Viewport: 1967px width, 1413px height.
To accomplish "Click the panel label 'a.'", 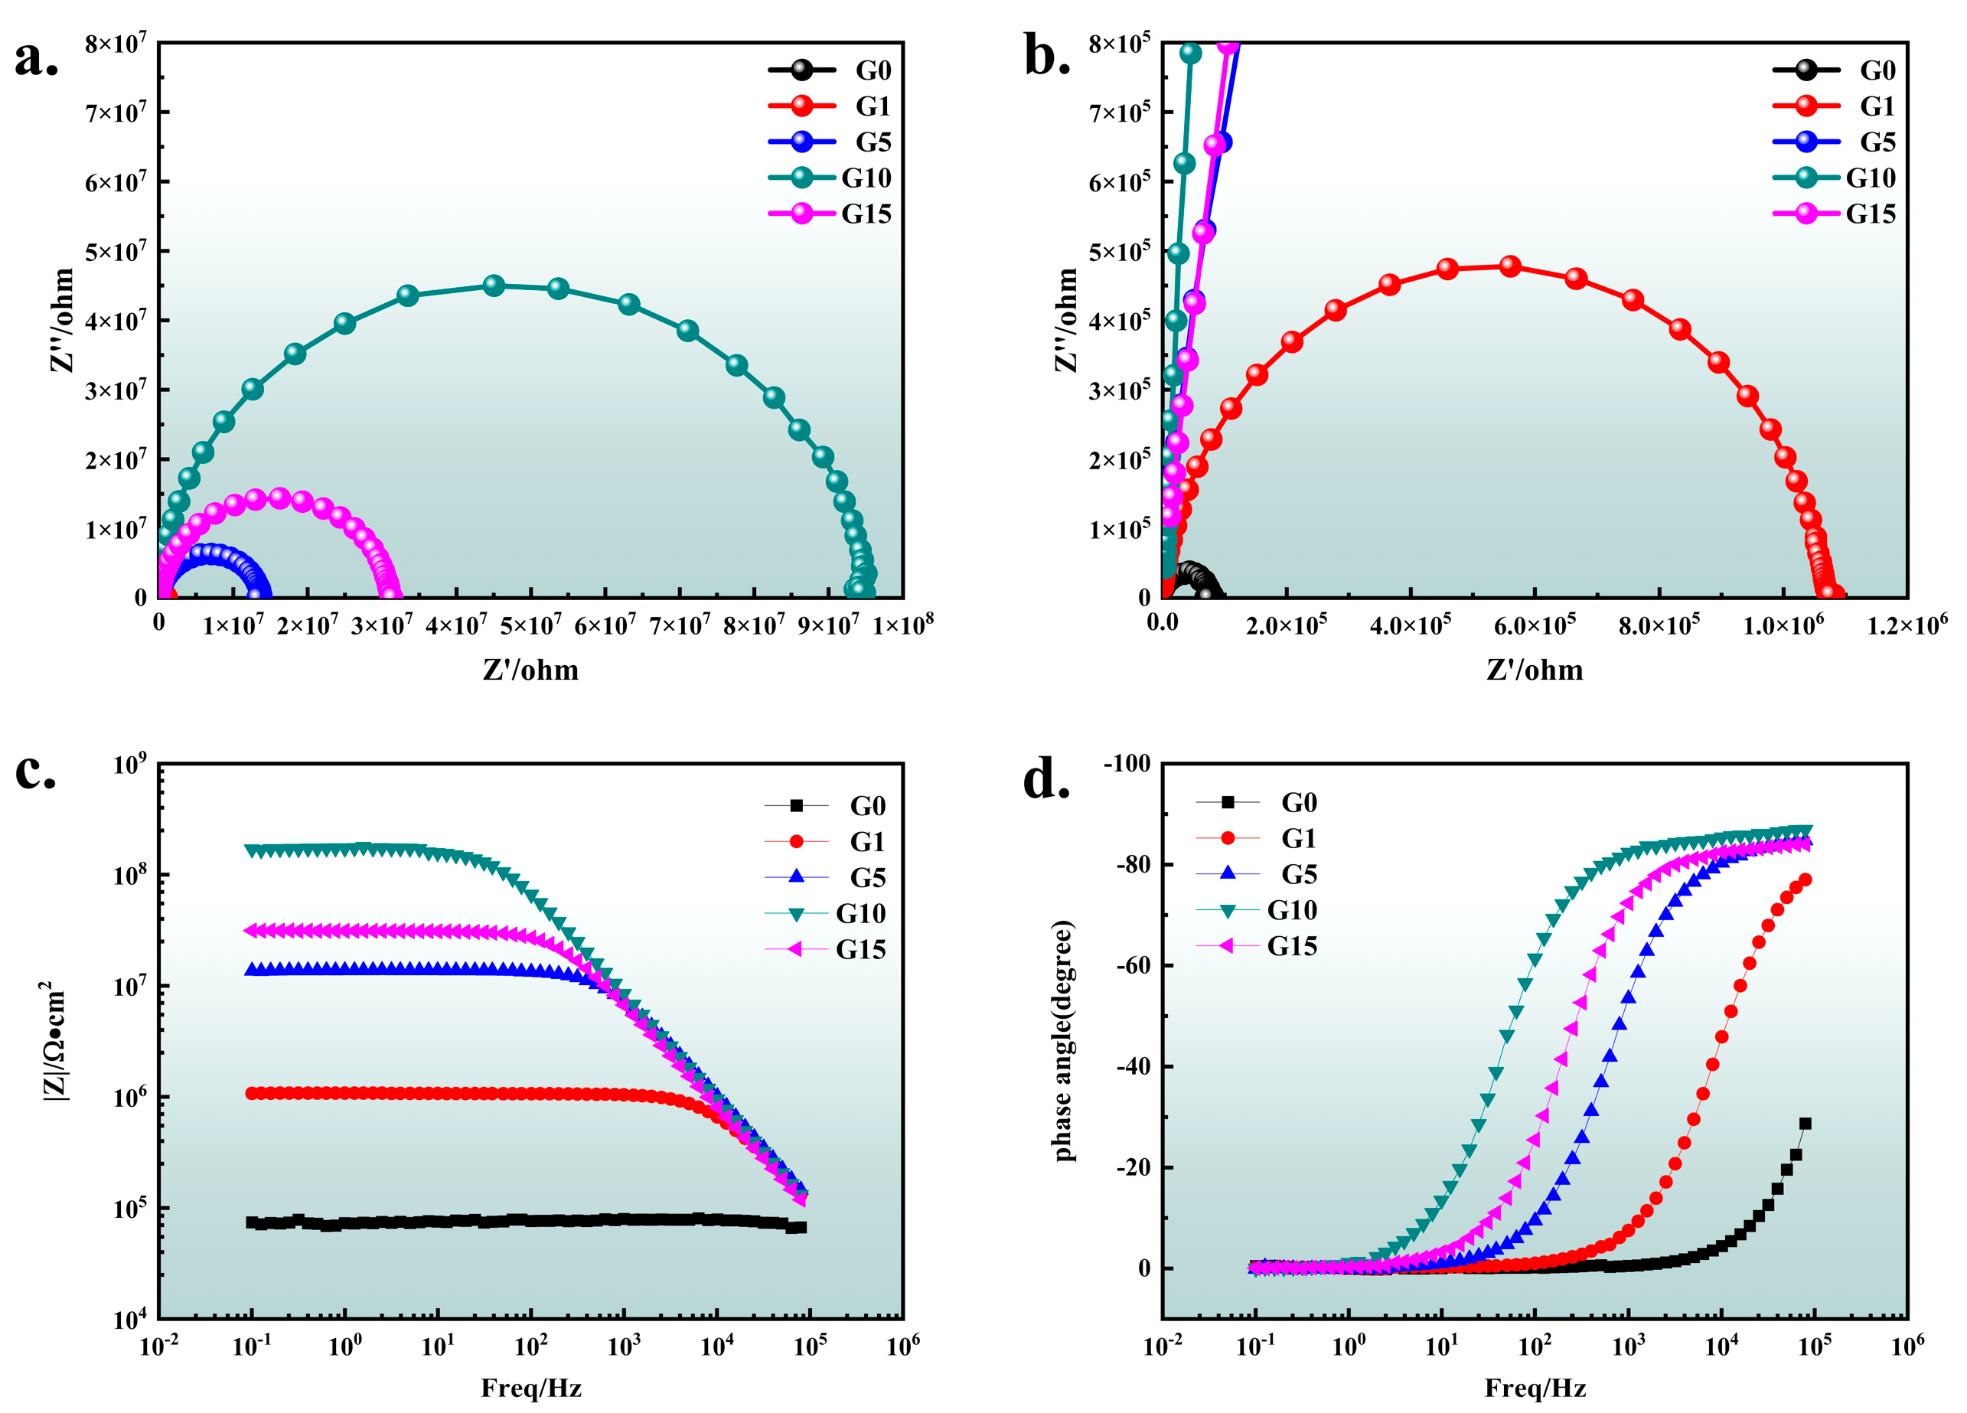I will pos(37,59).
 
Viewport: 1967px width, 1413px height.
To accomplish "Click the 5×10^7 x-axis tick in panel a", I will pos(530,623).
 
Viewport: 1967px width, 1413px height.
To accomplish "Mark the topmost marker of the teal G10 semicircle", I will pos(494,286).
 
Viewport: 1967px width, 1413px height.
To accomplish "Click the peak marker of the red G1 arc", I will pos(1510,266).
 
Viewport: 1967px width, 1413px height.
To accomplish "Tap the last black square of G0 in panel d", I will pos(1805,1124).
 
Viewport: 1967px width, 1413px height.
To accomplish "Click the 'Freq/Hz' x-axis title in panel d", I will pos(1535,1388).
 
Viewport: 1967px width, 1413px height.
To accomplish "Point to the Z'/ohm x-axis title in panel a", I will pos(530,670).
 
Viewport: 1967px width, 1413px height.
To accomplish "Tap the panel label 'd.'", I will pos(1047,779).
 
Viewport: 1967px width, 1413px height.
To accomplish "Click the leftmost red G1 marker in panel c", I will pos(253,1093).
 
